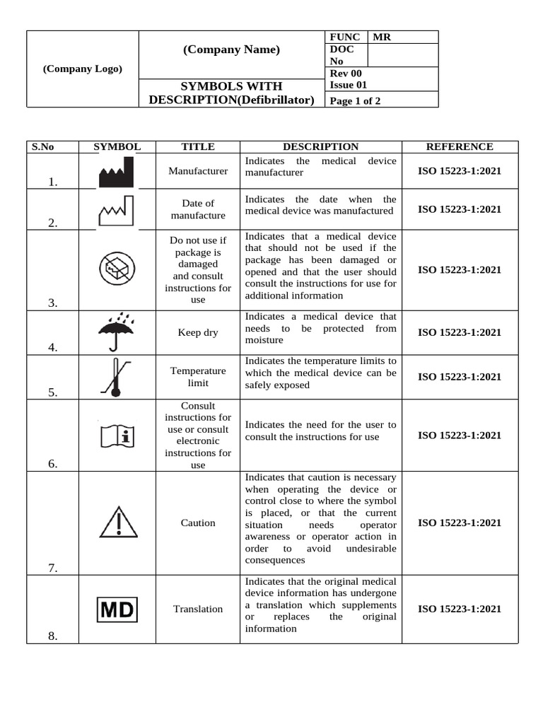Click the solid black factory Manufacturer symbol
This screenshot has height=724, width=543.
click(117, 173)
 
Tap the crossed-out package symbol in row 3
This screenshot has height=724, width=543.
click(117, 270)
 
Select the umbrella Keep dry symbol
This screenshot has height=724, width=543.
click(117, 331)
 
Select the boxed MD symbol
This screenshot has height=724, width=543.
click(117, 609)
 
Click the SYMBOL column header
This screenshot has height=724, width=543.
click(117, 147)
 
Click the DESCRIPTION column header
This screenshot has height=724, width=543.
click(320, 147)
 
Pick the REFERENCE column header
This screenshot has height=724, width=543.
click(460, 147)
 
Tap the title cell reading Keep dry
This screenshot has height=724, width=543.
click(198, 332)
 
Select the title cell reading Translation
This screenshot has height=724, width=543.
click(198, 609)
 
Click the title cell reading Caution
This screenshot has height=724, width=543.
click(198, 523)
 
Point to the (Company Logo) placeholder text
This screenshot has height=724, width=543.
click(82, 69)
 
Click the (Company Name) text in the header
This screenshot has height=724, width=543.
click(231, 49)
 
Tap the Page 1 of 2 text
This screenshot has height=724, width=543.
click(355, 100)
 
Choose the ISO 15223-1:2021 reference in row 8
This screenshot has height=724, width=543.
click(460, 609)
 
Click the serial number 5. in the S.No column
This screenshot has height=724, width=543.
click(52, 393)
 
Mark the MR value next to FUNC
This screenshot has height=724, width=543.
click(382, 37)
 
